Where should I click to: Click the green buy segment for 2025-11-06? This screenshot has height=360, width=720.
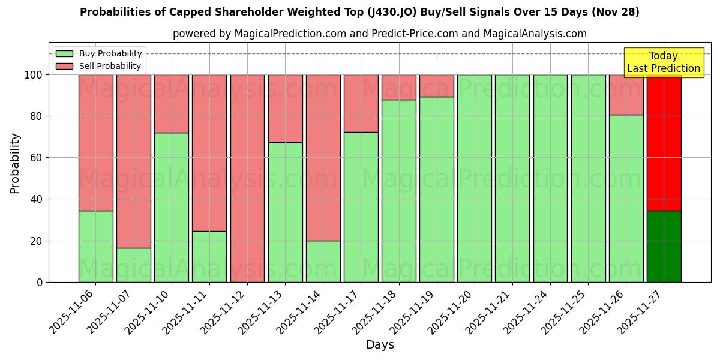tap(95, 246)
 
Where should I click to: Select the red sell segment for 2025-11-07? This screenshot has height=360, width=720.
tap(133, 161)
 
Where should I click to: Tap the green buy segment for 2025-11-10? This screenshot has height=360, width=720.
tap(172, 207)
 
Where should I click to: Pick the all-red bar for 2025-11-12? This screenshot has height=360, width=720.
tap(247, 178)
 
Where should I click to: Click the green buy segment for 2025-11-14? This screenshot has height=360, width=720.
tap(323, 261)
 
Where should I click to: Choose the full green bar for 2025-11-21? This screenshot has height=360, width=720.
tap(512, 178)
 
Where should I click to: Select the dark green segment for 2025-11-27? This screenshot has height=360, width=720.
tap(664, 246)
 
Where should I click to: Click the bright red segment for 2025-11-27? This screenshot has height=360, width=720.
tap(664, 143)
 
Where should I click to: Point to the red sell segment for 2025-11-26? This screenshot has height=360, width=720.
tap(626, 95)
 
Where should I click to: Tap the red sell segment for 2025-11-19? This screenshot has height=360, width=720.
tap(437, 86)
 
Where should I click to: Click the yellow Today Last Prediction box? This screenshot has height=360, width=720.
tap(664, 62)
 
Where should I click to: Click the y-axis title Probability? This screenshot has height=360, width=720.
tap(15, 163)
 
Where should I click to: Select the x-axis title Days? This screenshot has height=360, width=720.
tap(380, 345)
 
